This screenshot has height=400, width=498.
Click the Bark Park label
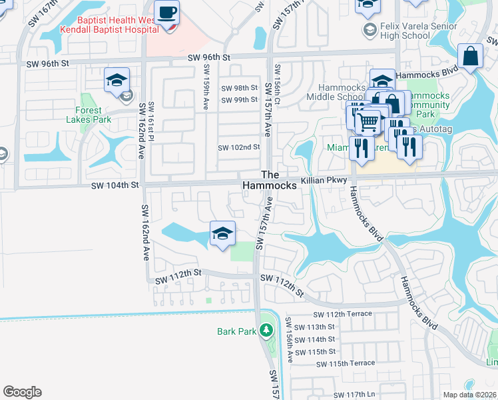click(x=236, y=331)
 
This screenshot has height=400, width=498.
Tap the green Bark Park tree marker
click(x=266, y=329)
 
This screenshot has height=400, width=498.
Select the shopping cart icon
click(x=368, y=122)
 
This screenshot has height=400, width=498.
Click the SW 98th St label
click(x=239, y=88)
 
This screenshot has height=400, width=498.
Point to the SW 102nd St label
click(x=239, y=147)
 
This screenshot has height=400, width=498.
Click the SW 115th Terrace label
click(x=346, y=363)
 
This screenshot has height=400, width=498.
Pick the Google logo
click(x=22, y=392)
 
